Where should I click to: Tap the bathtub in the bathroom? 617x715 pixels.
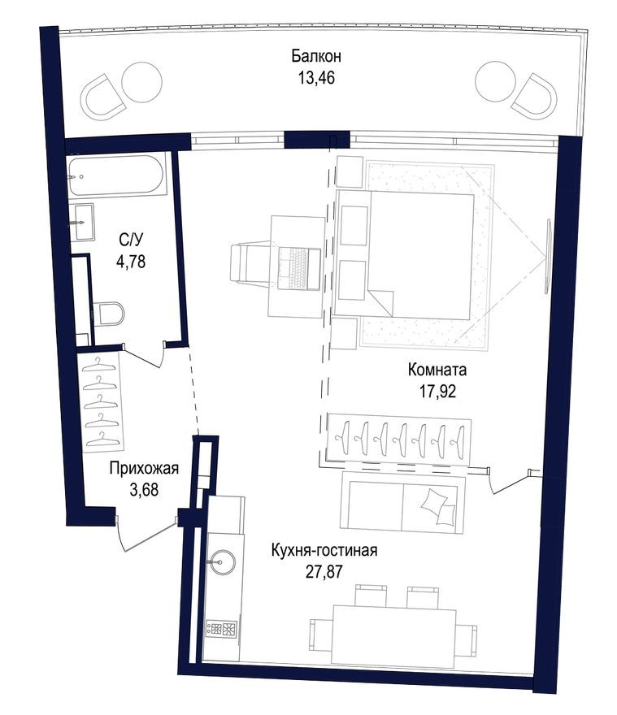coord(118,175)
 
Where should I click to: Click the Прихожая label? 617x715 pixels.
coord(143,468)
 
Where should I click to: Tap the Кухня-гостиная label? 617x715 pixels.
coord(324,550)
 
